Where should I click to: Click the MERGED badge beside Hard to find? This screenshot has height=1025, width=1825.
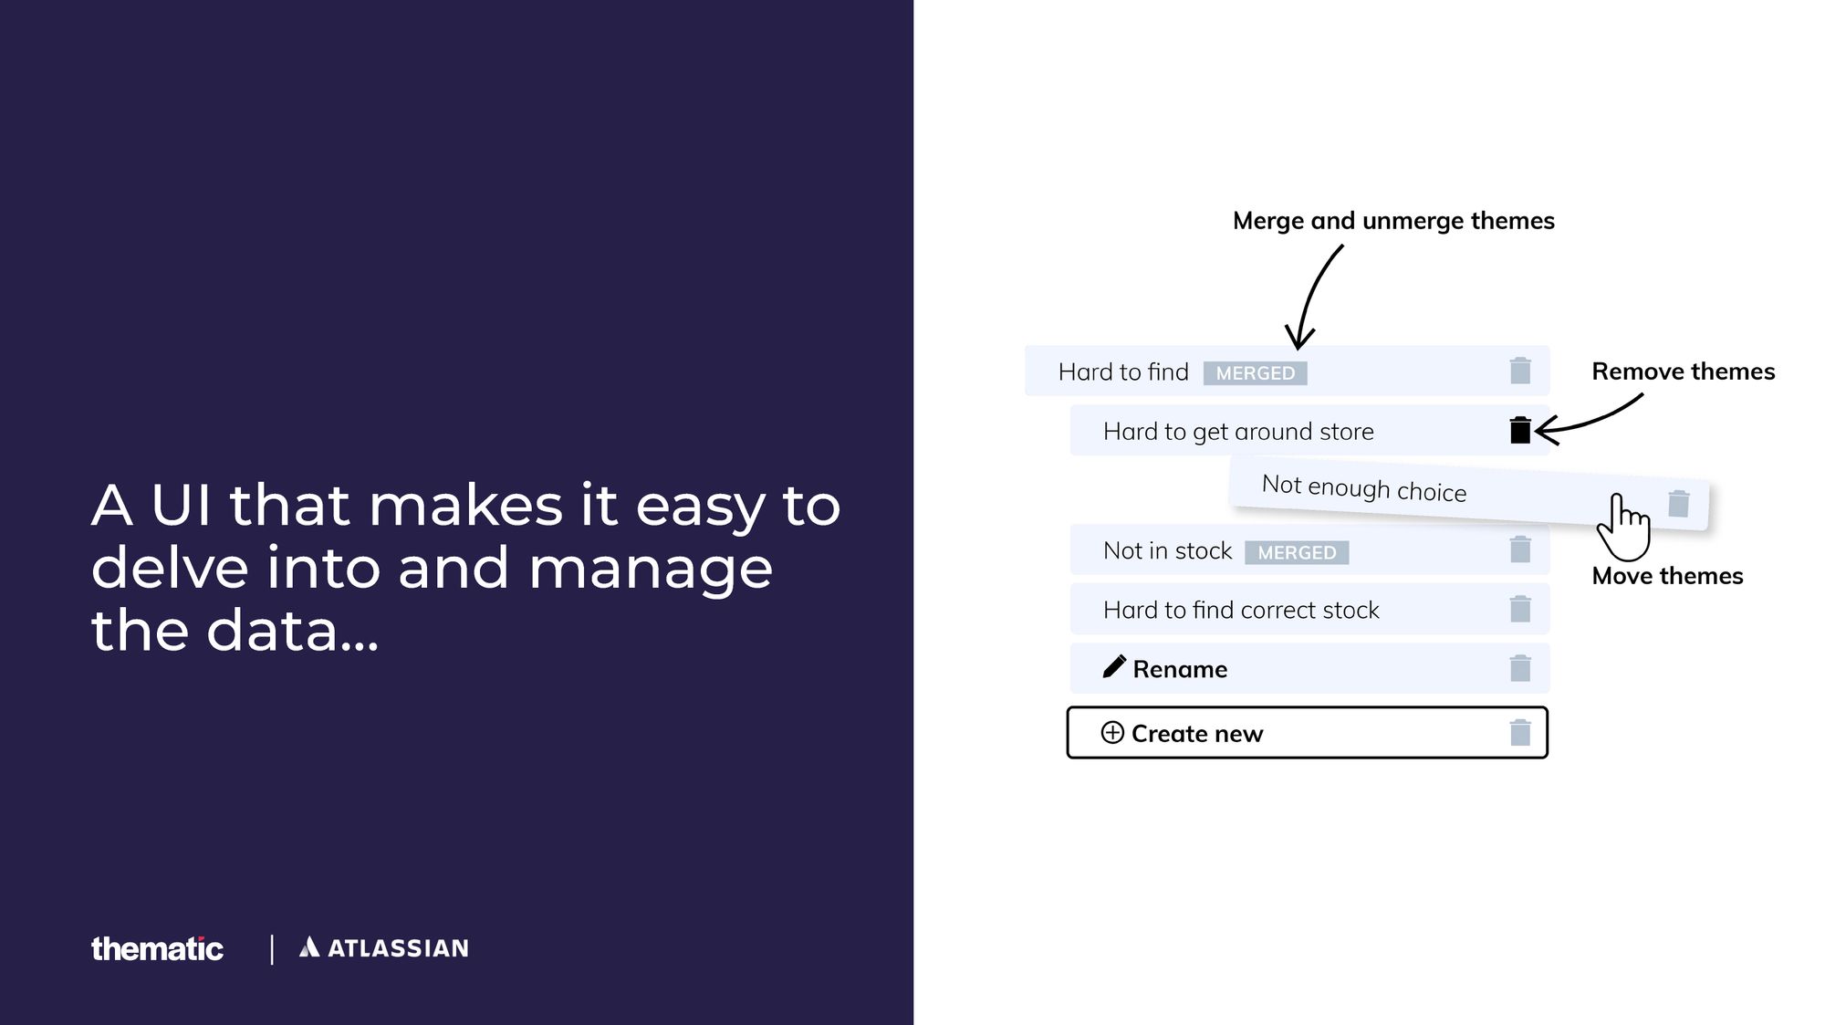tap(1255, 373)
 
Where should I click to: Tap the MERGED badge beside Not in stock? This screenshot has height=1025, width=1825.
tap(1297, 552)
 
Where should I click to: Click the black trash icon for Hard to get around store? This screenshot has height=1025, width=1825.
tap(1520, 430)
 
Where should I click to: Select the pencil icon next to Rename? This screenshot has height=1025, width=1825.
tap(1114, 667)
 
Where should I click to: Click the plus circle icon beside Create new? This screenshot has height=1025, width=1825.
tap(1112, 733)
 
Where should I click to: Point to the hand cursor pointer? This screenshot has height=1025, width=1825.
tap(1623, 528)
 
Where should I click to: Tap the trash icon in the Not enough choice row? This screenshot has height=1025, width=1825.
tap(1679, 503)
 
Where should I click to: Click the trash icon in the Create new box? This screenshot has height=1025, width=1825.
tap(1520, 732)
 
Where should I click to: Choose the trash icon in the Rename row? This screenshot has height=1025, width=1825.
tap(1520, 668)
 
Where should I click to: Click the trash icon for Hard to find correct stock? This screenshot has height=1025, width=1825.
tap(1520, 609)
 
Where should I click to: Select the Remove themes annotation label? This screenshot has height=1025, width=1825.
tap(1684, 371)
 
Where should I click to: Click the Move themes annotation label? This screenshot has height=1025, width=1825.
tap(1667, 576)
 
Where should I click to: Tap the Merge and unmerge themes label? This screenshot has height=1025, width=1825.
tap(1393, 221)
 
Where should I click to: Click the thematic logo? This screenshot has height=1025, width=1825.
tap(157, 948)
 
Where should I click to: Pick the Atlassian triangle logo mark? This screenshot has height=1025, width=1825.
tap(309, 947)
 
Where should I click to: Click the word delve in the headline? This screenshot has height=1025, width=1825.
tap(170, 567)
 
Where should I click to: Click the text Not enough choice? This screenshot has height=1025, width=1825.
tap(1364, 488)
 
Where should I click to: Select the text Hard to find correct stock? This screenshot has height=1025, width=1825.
tap(1241, 610)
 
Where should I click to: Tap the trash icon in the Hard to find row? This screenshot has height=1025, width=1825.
tap(1520, 371)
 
